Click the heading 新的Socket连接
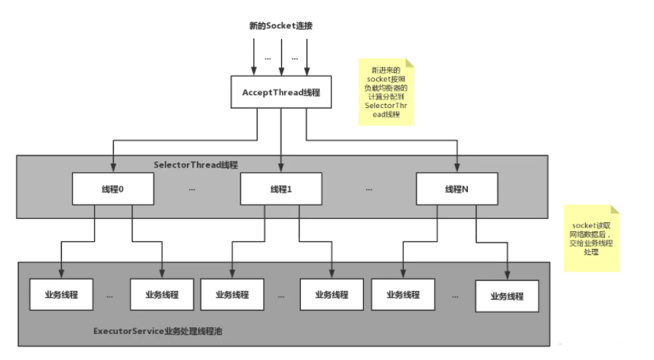[282, 25]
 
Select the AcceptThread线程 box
[281, 92]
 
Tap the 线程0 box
[113, 189]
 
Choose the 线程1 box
[281, 189]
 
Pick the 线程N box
[456, 189]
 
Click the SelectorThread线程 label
[195, 165]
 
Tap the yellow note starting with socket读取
[591, 237]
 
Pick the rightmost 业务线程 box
[507, 296]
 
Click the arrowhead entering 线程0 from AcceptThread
[113, 169]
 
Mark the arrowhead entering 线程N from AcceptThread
[456, 169]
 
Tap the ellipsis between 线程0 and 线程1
[191, 189]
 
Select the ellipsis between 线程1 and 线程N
[368, 189]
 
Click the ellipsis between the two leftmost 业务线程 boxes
[110, 295]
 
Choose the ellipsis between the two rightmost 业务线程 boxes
[456, 295]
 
